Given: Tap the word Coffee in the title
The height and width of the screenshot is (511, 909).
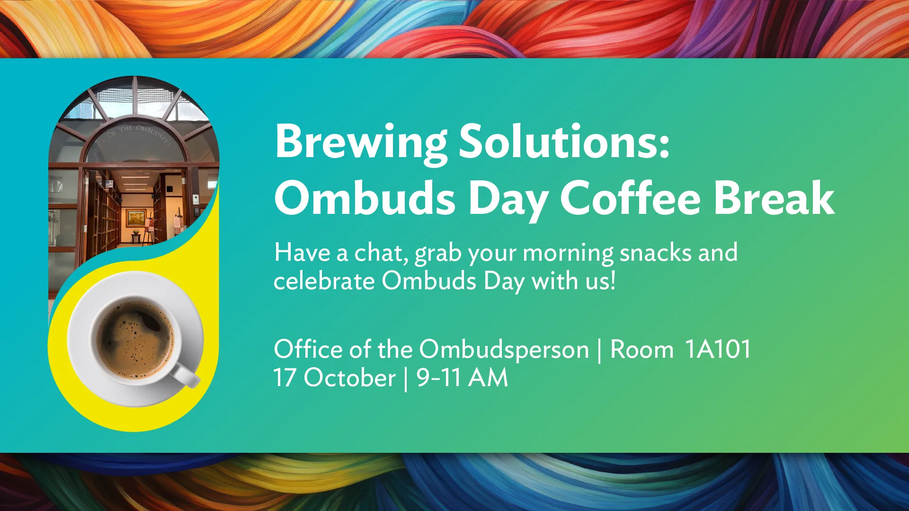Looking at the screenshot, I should pos(630,199).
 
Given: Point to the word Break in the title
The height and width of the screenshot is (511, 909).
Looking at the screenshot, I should pos(774,199).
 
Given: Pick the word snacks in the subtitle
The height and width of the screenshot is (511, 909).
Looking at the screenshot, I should pos(656,253).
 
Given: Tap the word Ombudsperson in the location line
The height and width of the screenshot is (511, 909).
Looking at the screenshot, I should pos(504,351).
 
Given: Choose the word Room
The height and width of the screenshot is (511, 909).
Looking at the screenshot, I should pos(642,350).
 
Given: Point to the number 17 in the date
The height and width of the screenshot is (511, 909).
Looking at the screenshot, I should pos(285,378).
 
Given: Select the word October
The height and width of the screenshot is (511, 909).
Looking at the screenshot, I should pos(349,378).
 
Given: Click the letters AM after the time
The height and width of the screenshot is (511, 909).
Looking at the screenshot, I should pos(488,378).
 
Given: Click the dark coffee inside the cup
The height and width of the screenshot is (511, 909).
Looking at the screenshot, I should pos(135,338).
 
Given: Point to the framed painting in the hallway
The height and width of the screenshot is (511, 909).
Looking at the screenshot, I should pos(136,218).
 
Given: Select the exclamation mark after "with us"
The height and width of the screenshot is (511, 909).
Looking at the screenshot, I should pos(613,280).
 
